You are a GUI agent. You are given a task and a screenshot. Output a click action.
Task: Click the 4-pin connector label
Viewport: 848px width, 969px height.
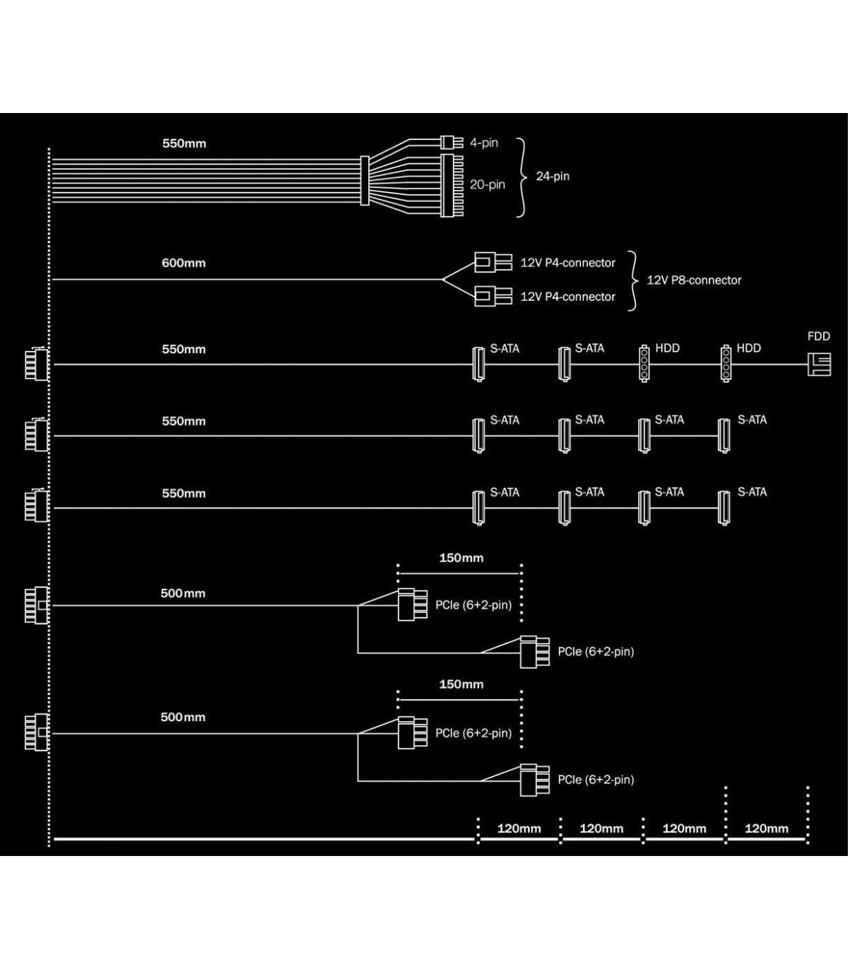click(484, 143)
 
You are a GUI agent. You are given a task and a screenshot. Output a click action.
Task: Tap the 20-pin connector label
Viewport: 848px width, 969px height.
click(488, 184)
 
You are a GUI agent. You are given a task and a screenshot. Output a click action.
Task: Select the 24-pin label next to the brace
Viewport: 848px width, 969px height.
click(553, 177)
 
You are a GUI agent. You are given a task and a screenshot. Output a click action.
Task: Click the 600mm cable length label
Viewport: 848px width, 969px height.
click(184, 263)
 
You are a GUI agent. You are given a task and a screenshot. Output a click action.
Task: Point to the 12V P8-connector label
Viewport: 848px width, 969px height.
click(694, 280)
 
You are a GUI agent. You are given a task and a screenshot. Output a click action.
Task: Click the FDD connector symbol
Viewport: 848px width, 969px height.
click(819, 364)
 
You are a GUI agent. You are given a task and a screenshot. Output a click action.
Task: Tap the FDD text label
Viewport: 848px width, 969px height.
click(818, 336)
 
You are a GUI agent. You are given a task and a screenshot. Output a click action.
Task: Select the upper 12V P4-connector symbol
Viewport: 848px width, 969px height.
click(493, 263)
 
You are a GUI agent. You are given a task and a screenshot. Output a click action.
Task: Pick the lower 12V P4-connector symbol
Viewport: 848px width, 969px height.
click(493, 296)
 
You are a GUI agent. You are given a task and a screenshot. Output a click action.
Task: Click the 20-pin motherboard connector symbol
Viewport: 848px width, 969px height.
click(452, 185)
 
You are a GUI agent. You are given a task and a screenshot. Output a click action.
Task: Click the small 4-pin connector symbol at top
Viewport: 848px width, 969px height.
click(452, 142)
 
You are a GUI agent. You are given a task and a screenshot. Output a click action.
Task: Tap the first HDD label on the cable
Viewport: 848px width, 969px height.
click(667, 348)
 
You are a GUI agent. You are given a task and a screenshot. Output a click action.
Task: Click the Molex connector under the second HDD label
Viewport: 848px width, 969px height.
click(725, 364)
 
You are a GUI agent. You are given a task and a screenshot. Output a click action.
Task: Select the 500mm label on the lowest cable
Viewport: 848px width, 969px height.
click(183, 718)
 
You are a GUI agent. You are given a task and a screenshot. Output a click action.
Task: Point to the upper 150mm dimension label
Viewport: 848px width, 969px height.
click(461, 558)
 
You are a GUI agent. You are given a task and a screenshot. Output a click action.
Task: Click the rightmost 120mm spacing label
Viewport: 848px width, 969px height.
click(767, 828)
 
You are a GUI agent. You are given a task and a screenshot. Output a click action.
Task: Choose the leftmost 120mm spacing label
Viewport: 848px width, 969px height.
click(519, 828)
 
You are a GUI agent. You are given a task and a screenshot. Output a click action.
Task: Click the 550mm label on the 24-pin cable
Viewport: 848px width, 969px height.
click(184, 143)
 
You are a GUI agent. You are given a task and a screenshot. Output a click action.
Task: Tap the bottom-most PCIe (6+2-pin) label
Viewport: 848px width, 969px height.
click(596, 780)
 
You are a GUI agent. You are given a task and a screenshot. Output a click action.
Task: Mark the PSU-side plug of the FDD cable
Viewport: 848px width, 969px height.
click(37, 364)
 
